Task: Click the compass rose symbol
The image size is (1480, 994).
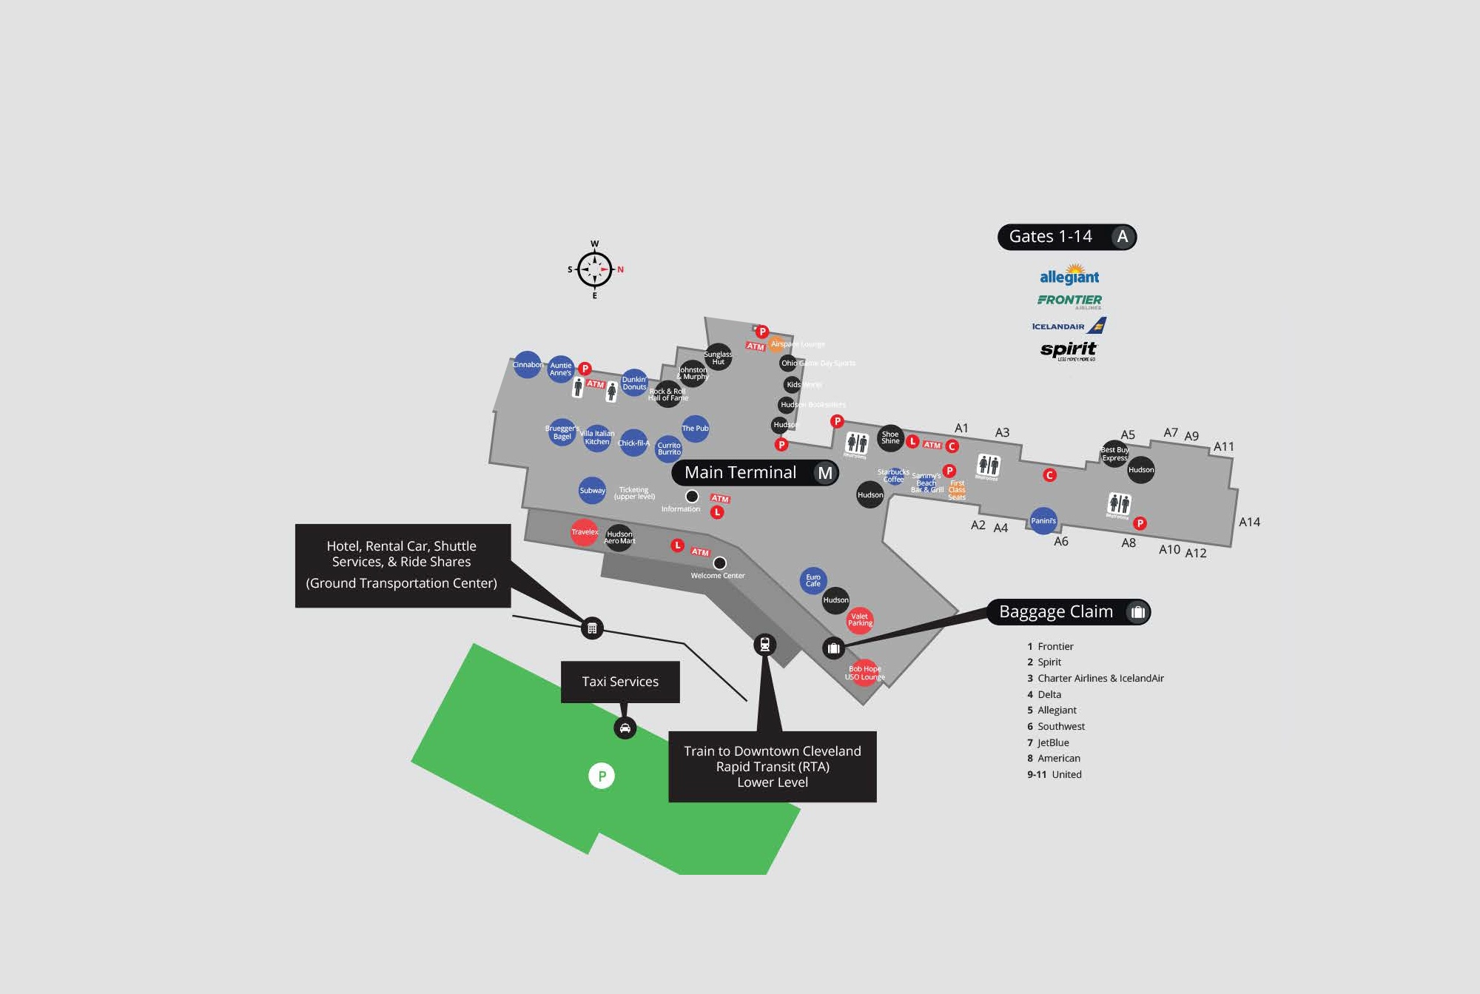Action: [594, 269]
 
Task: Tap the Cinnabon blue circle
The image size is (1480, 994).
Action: [527, 364]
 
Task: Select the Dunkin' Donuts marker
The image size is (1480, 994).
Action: [634, 383]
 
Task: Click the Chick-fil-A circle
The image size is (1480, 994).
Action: [633, 443]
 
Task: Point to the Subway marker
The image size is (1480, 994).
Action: [592, 490]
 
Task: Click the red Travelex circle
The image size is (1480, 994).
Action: [584, 531]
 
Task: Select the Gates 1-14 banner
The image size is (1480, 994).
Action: [1066, 237]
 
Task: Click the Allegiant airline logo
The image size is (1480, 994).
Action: [1069, 275]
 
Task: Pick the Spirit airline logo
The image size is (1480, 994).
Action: [1069, 349]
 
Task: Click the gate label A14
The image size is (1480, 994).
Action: [1249, 522]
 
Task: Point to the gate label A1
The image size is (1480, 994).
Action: [961, 428]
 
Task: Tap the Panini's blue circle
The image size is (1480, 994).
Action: [1043, 520]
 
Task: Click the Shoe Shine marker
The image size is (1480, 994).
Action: [890, 437]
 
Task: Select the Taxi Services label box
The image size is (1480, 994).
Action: [620, 682]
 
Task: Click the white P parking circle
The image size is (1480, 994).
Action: [602, 776]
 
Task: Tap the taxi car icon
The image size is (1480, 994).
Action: [625, 728]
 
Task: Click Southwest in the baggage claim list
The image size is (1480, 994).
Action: [1060, 726]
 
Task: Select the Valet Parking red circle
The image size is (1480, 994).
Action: [859, 619]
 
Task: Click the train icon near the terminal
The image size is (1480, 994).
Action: [765, 645]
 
